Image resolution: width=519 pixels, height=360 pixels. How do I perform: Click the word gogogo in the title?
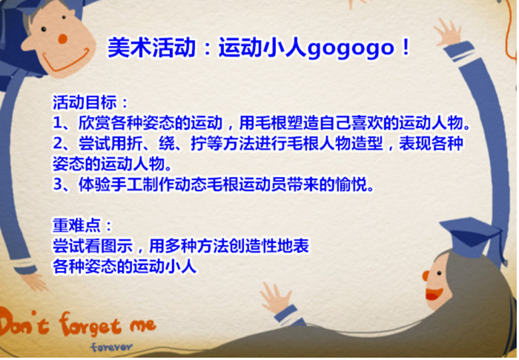pyautogui.click(x=351, y=49)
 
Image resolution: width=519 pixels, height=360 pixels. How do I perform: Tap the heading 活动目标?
pyautogui.click(x=85, y=102)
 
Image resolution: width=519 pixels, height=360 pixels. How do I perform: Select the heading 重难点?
pyautogui.click(x=76, y=225)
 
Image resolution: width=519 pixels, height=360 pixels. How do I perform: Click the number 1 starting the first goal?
pyautogui.click(x=58, y=123)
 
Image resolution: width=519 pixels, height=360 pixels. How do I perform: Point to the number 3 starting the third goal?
pyautogui.click(x=58, y=184)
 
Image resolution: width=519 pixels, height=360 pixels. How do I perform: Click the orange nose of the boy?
pyautogui.click(x=62, y=39)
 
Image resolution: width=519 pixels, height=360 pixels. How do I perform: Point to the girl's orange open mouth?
pyautogui.click(x=434, y=293)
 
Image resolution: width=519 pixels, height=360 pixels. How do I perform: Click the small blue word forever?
pyautogui.click(x=111, y=347)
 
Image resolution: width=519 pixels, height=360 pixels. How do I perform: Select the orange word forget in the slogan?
pyautogui.click(x=90, y=325)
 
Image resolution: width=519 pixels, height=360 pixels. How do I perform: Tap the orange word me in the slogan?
pyautogui.click(x=142, y=325)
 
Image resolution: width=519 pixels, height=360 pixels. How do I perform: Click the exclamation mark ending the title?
pyautogui.click(x=405, y=48)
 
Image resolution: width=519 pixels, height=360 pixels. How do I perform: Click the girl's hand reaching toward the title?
pyautogui.click(x=448, y=33)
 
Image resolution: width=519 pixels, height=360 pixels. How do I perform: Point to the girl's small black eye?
pyautogui.click(x=439, y=273)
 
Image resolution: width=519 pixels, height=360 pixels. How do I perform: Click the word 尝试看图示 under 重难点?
pyautogui.click(x=93, y=246)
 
